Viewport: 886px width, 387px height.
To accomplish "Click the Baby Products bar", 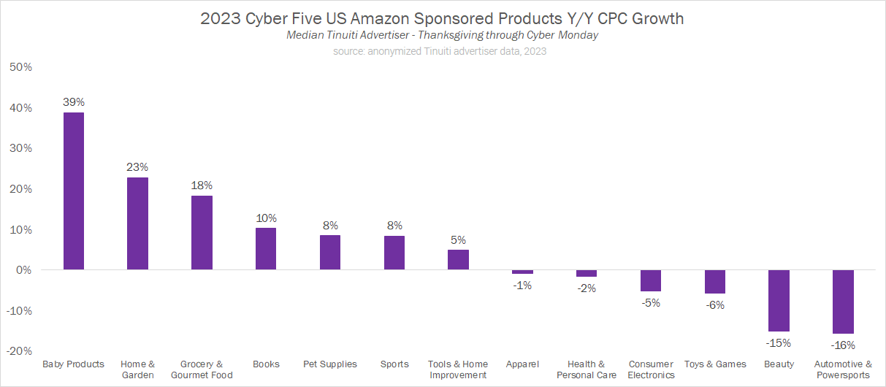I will (x=74, y=191).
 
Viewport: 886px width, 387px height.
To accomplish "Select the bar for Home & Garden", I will (x=137, y=223).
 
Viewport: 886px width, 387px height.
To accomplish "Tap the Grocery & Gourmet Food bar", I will (x=202, y=233).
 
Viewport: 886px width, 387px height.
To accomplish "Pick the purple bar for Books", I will (x=266, y=249).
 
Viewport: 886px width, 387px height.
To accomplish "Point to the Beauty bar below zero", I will (x=779, y=301).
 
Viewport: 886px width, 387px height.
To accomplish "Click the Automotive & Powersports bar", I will (x=843, y=302).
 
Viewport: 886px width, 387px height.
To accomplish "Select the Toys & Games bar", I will (x=715, y=282).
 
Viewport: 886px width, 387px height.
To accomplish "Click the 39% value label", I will (x=74, y=101).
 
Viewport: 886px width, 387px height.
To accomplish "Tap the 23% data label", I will (x=137, y=166).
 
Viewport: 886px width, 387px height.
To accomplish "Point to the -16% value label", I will (x=843, y=345).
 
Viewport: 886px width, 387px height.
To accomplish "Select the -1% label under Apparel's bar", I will (x=522, y=286).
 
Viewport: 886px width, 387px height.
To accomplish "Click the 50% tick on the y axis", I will (x=20, y=67).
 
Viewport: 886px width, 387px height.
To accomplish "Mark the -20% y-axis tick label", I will (x=19, y=351).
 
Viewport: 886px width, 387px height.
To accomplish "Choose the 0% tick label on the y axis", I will (x=23, y=270).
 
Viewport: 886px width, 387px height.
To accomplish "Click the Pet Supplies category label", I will (x=330, y=364).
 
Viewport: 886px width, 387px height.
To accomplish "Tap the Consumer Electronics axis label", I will (x=651, y=369).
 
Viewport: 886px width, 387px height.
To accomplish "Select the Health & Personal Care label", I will (x=587, y=369).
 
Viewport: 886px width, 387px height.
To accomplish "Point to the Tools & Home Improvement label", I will (x=458, y=369).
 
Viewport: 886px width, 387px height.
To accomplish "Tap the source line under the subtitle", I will (x=440, y=51).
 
